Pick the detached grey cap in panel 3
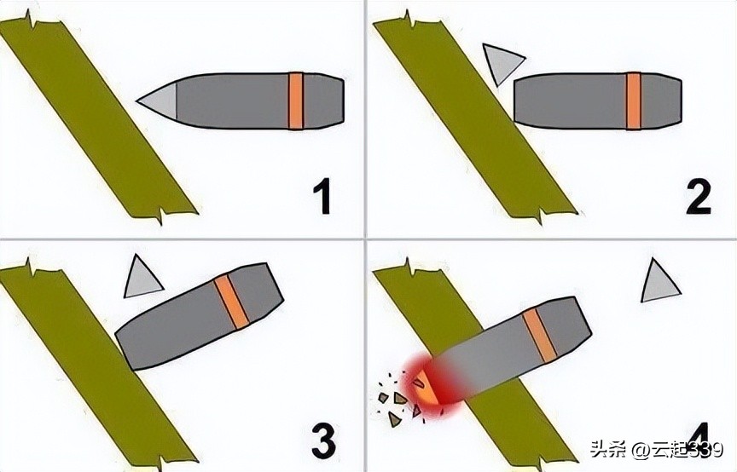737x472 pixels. click(142, 277)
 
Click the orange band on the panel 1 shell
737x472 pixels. click(296, 101)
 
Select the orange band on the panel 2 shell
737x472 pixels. click(633, 101)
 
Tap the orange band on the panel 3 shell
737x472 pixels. click(231, 302)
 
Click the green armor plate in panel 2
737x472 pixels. click(473, 119)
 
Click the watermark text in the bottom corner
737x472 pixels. click(652, 451)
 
